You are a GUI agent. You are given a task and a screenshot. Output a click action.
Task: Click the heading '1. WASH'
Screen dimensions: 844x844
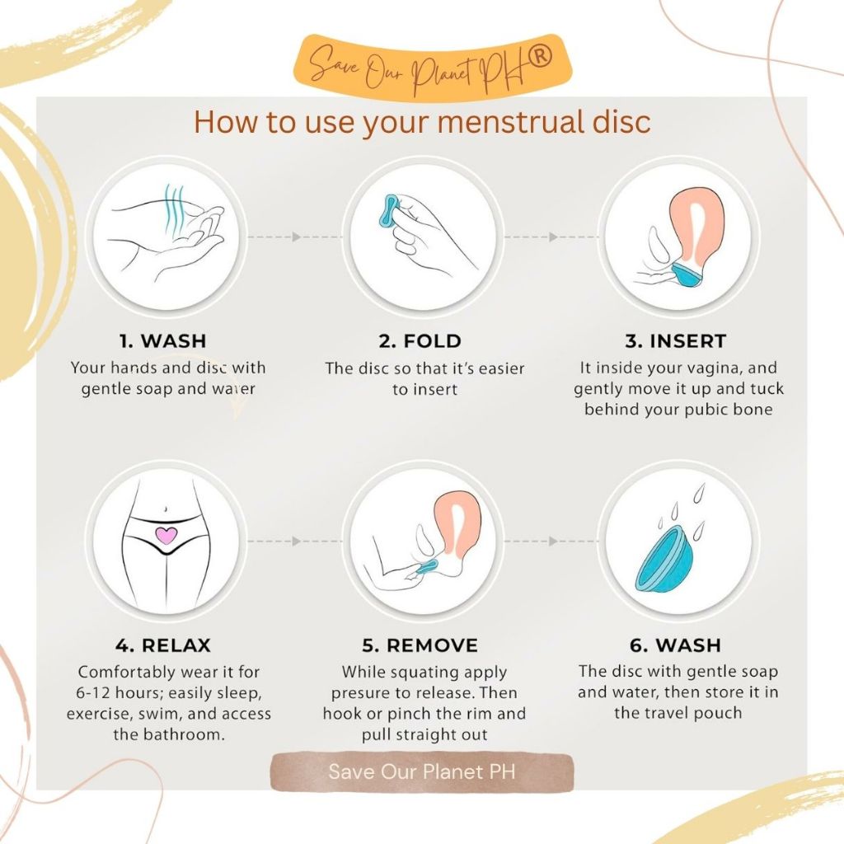[x=162, y=340]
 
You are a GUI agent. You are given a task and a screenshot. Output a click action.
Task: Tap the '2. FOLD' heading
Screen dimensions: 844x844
[x=420, y=340]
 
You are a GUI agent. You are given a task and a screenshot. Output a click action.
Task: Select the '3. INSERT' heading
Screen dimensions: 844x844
[x=676, y=340]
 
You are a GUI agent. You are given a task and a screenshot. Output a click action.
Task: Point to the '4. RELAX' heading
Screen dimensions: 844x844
[x=162, y=645]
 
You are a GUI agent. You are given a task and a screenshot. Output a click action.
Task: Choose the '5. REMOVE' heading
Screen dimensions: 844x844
[x=420, y=645]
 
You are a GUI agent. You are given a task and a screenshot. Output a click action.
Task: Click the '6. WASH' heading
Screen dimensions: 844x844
[x=675, y=645]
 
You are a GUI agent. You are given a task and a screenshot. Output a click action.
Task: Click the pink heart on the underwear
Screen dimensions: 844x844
[x=166, y=536]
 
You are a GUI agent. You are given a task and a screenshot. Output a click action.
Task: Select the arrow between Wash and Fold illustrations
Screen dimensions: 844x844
[x=294, y=237]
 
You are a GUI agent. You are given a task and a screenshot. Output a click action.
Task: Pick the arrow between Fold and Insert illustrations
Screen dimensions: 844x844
[x=551, y=237]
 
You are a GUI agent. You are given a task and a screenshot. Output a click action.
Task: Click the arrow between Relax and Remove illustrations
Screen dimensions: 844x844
[x=294, y=541]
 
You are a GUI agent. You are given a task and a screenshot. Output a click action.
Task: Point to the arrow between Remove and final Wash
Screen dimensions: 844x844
[x=551, y=541]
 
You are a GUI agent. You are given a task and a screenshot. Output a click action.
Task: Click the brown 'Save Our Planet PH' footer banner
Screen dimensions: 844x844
[x=422, y=771]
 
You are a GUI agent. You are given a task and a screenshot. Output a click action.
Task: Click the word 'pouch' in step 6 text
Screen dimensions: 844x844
[x=718, y=714]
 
